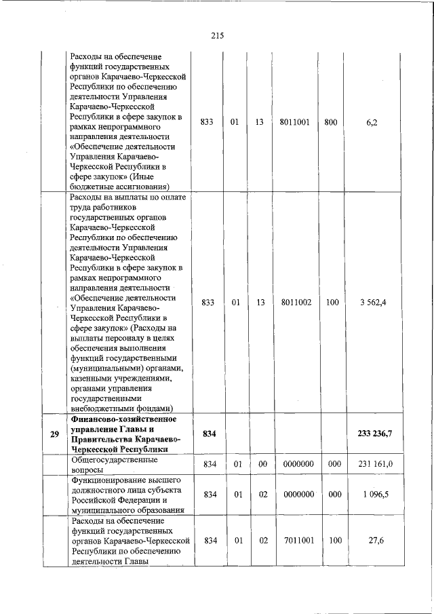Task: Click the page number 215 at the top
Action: [217, 36]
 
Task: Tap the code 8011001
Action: [295, 122]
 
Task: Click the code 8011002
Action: [295, 303]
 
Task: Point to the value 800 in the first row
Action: [332, 122]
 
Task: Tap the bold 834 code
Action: [208, 435]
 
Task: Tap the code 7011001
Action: [295, 540]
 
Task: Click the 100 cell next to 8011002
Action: [332, 303]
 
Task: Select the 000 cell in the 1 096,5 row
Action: [332, 495]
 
